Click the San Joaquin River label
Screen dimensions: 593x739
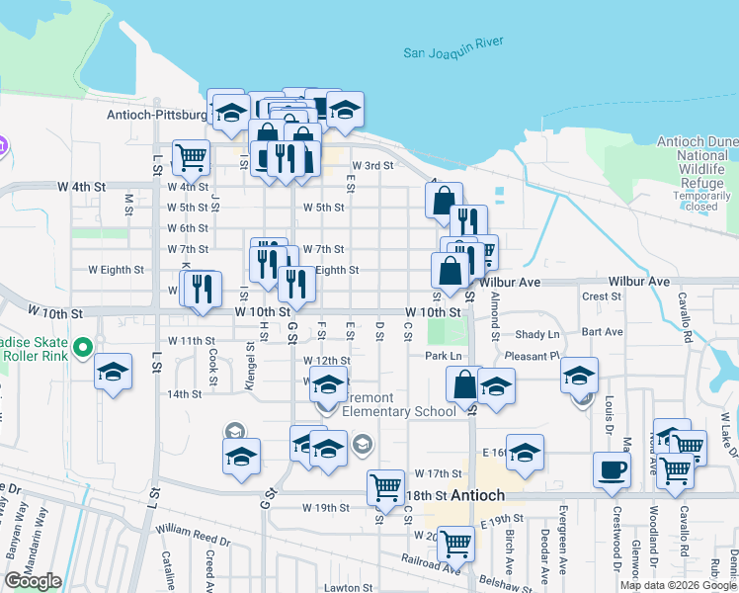pos(453,46)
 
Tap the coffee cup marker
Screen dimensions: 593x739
pos(612,469)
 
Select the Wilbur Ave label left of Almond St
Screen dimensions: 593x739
pos(511,282)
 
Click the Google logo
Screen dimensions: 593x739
pos(33,581)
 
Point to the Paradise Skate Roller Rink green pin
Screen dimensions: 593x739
pos(84,348)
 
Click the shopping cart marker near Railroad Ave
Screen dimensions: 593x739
pos(454,543)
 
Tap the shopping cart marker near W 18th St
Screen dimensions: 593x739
pos(384,486)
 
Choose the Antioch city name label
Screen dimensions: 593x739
pos(478,495)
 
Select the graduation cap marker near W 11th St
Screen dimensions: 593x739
pos(114,373)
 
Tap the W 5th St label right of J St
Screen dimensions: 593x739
pos(323,208)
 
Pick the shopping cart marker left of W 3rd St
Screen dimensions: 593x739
pos(191,156)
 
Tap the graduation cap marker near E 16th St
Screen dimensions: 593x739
pos(525,452)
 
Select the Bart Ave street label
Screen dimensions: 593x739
pos(603,332)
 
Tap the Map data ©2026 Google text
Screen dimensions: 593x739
pos(677,585)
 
